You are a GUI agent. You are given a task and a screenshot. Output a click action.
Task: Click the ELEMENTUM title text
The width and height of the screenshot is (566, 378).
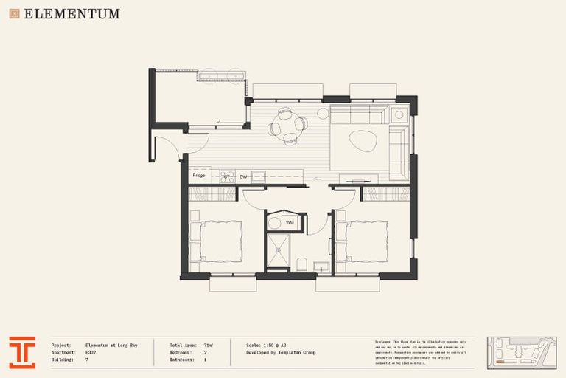click(x=71, y=13)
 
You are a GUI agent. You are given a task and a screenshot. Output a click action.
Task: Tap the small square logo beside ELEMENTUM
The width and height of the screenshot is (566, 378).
click(x=14, y=13)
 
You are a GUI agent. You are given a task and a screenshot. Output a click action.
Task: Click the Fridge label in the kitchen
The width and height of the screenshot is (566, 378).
click(x=198, y=176)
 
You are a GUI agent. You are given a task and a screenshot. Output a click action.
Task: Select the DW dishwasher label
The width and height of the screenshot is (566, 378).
click(x=243, y=177)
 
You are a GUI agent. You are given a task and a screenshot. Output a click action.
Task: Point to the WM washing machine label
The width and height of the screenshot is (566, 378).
click(x=290, y=222)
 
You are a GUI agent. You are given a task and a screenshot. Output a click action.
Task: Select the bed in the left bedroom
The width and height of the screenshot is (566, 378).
click(x=217, y=241)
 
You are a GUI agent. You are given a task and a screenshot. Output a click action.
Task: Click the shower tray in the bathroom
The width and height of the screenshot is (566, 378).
click(x=279, y=252)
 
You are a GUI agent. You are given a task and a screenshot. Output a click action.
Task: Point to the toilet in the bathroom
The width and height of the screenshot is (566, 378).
click(x=301, y=264)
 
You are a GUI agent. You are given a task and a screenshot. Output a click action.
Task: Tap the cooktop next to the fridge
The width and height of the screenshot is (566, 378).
click(x=226, y=177)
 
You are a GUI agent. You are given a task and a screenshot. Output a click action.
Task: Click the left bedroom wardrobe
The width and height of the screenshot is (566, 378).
click(x=212, y=194)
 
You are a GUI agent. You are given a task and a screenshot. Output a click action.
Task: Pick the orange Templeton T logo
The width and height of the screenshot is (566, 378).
click(x=22, y=352)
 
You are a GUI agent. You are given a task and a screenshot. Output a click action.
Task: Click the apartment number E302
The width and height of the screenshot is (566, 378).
click(x=91, y=352)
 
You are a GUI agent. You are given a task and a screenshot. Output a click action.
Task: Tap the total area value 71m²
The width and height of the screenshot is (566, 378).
click(x=209, y=345)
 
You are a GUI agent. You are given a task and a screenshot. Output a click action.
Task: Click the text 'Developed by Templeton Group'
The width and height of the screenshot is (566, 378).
click(x=281, y=352)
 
